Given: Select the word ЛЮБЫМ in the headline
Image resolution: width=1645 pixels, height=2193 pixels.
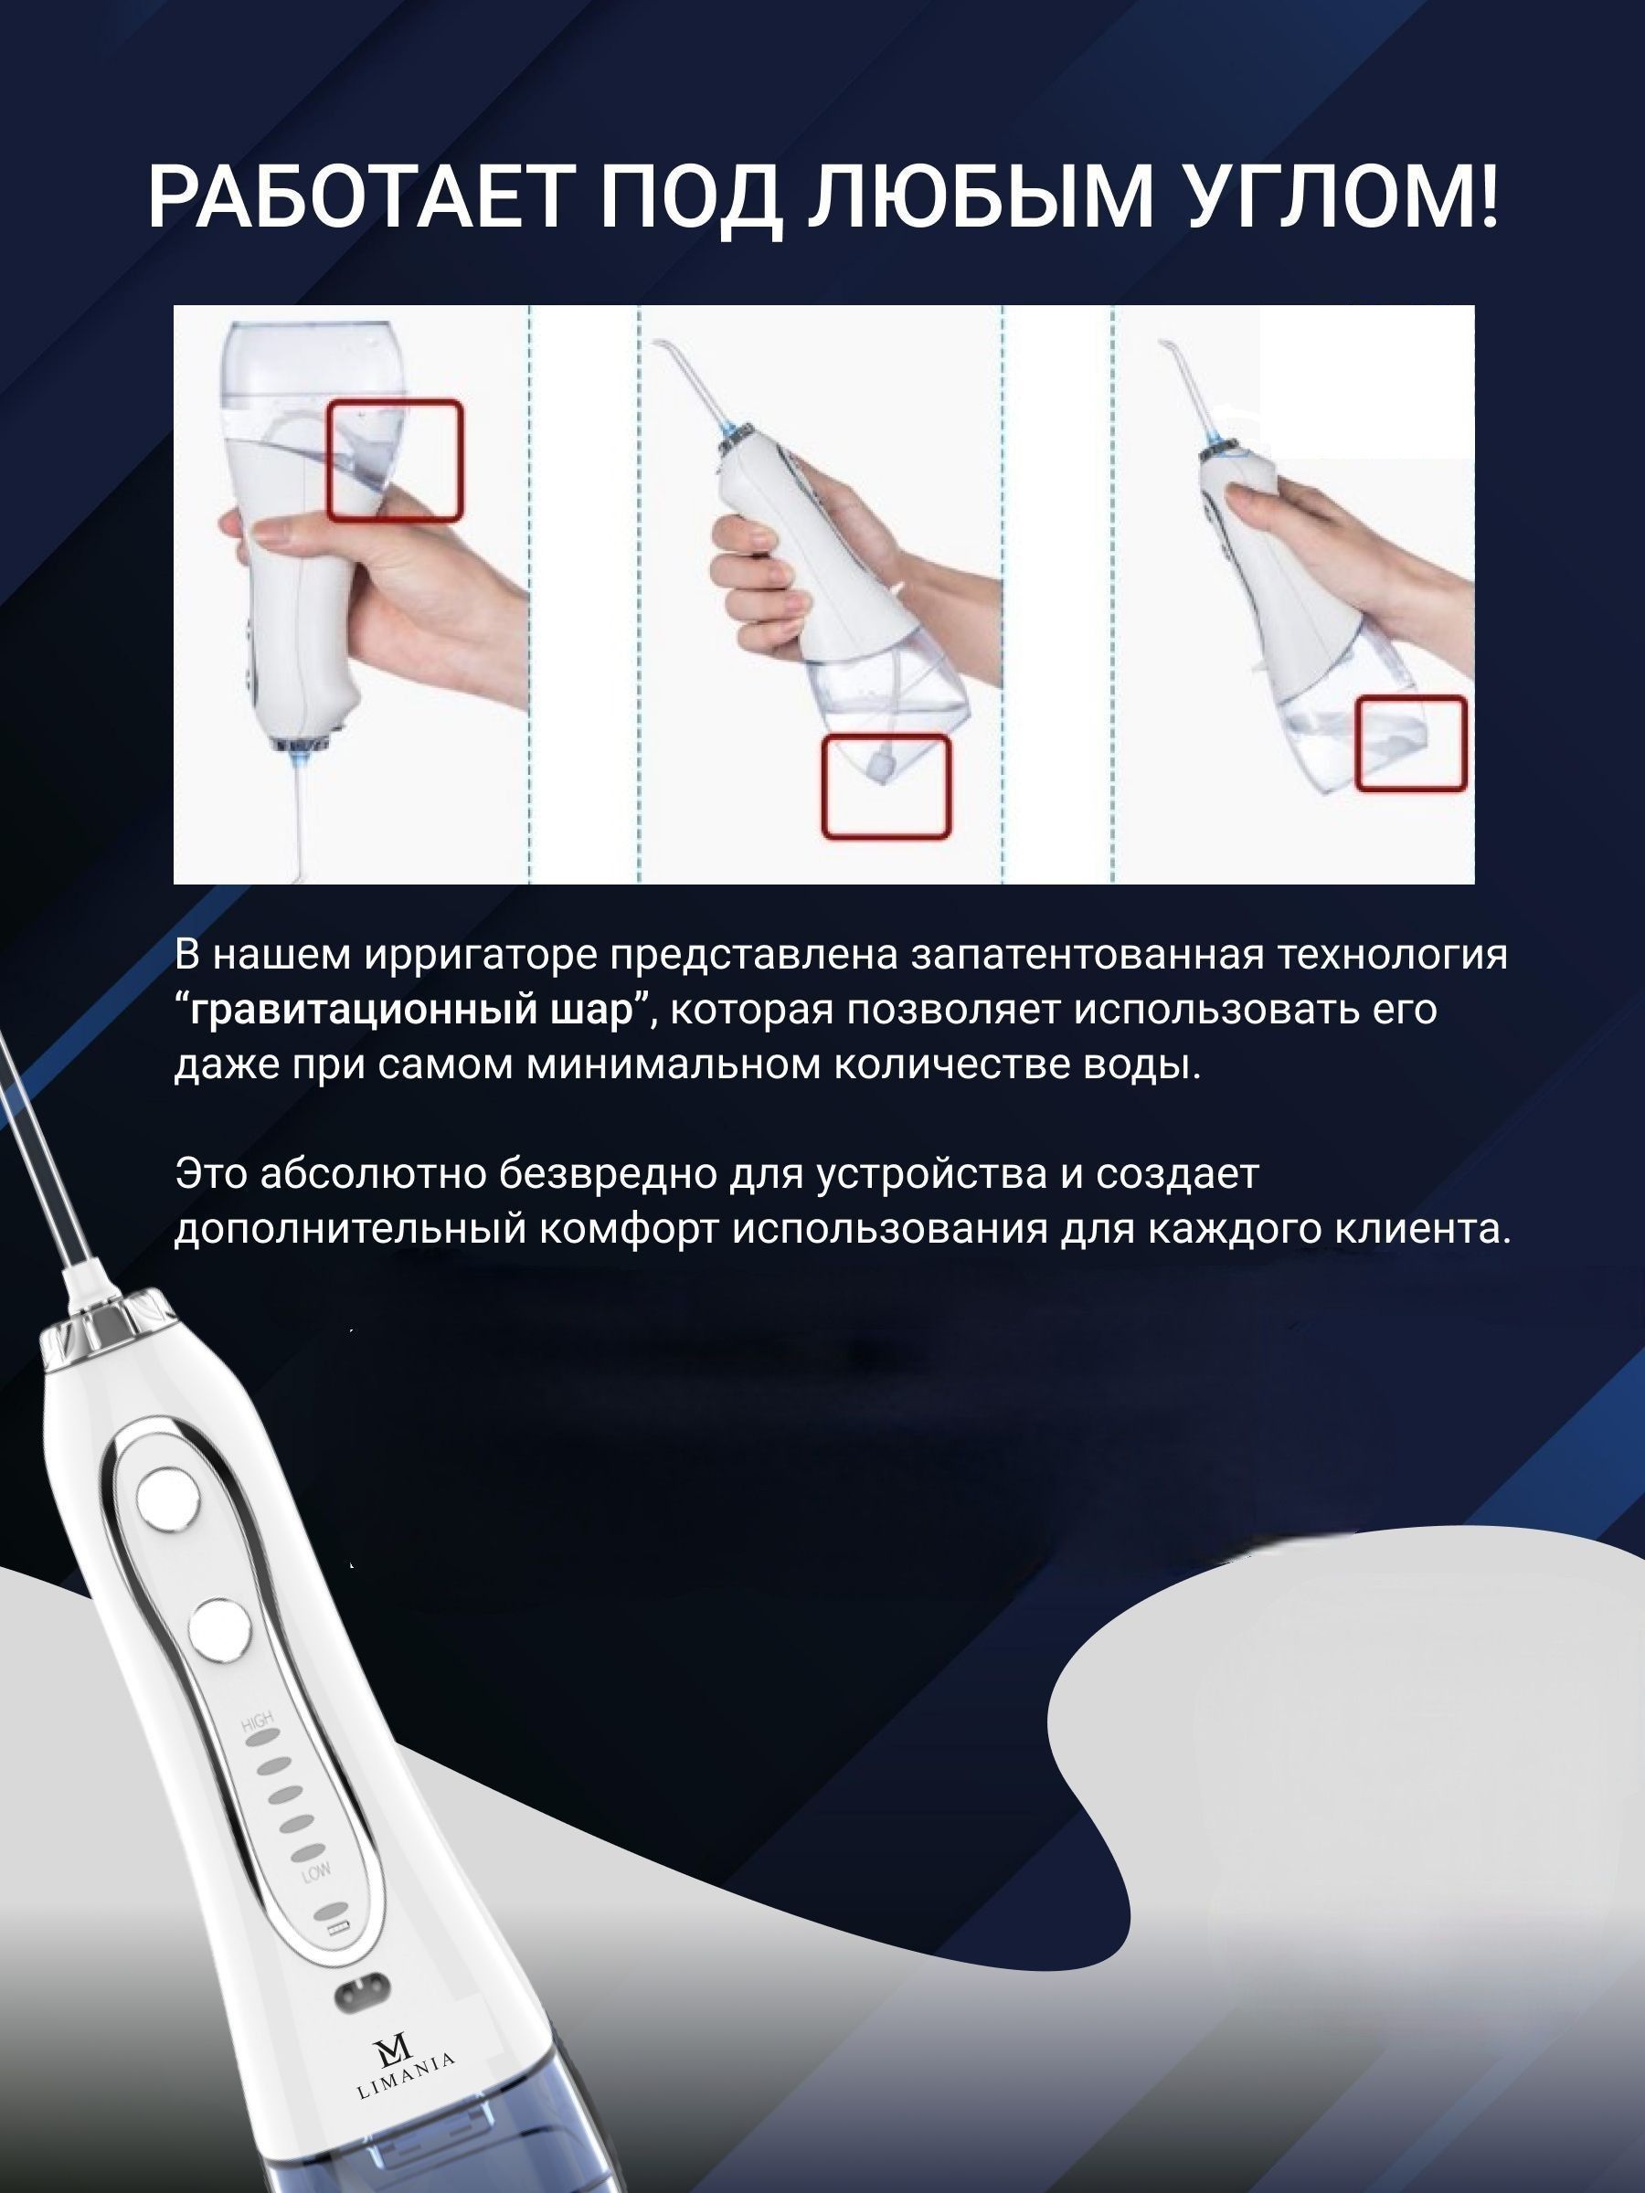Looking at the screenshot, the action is click(x=979, y=197).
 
